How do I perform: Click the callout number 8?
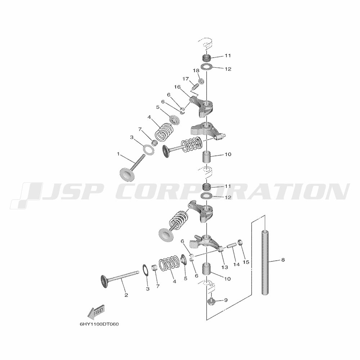(x=283, y=260)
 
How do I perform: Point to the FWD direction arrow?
(x=96, y=312)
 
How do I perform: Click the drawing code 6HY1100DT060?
(x=99, y=324)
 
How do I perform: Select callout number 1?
(x=118, y=154)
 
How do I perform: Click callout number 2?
(x=126, y=295)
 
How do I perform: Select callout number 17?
(x=185, y=78)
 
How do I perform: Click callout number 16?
(x=177, y=87)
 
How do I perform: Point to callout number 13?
(x=225, y=267)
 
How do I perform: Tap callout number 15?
(x=246, y=262)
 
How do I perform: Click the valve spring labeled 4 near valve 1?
(x=166, y=132)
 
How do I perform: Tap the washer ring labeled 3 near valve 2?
(x=145, y=270)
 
